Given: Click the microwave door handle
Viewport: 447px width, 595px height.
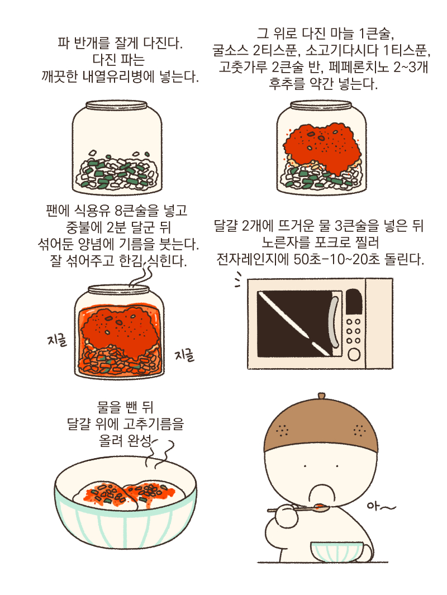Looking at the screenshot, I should pyautogui.click(x=334, y=324).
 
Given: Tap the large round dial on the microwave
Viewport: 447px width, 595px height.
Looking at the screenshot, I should pyautogui.click(x=354, y=354).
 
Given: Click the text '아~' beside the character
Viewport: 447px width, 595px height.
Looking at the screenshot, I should pyautogui.click(x=382, y=507).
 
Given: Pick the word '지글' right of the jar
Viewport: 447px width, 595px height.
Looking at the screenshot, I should pyautogui.click(x=184, y=355).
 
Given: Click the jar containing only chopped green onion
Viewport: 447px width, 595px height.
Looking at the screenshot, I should pyautogui.click(x=116, y=148).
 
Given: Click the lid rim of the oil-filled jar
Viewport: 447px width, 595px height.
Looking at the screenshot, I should pyautogui.click(x=120, y=289).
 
